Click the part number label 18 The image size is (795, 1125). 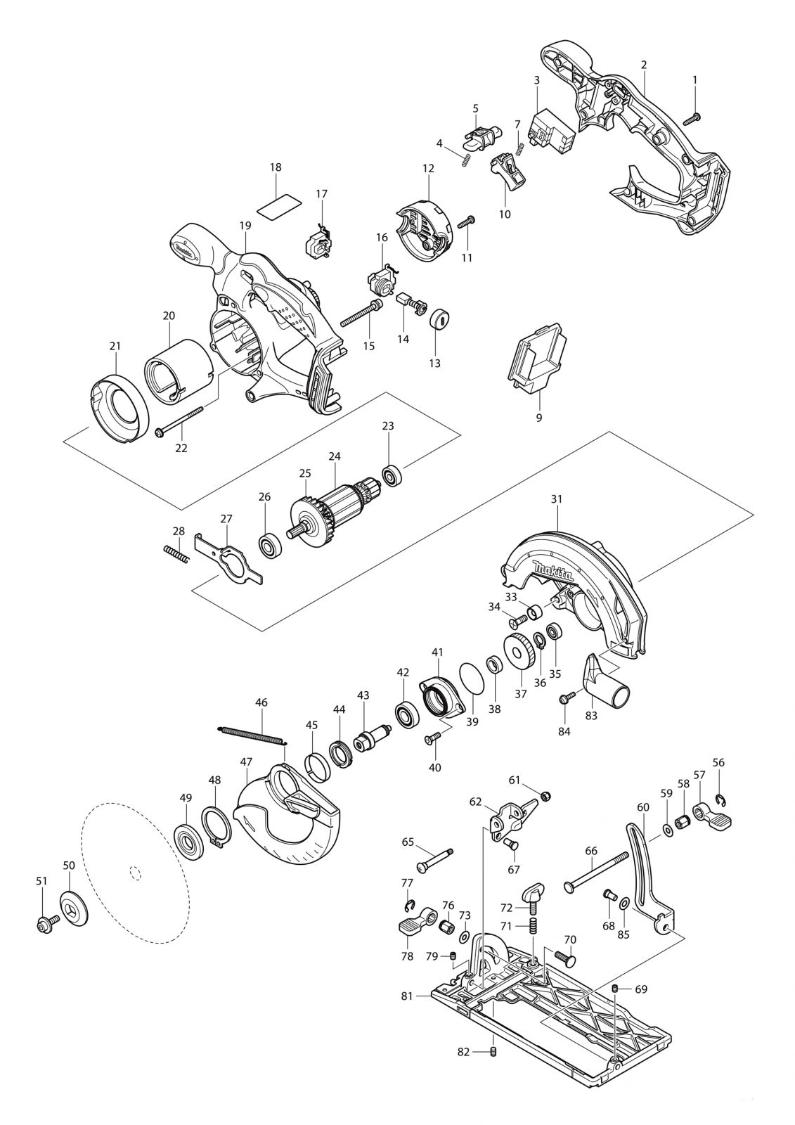(x=275, y=167)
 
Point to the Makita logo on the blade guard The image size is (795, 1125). (x=552, y=573)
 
